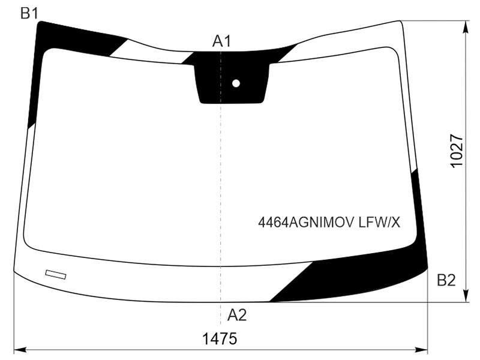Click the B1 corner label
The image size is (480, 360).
tap(29, 13)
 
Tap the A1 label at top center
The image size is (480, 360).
tap(221, 41)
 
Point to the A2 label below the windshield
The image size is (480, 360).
tap(237, 314)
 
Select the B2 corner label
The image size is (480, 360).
tap(446, 280)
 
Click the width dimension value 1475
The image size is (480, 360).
tap(220, 339)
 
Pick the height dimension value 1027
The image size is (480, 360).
tap(457, 151)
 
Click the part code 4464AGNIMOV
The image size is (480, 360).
tap(306, 222)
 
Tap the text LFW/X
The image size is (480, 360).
tap(379, 222)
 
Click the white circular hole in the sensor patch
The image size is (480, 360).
tap(236, 83)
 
